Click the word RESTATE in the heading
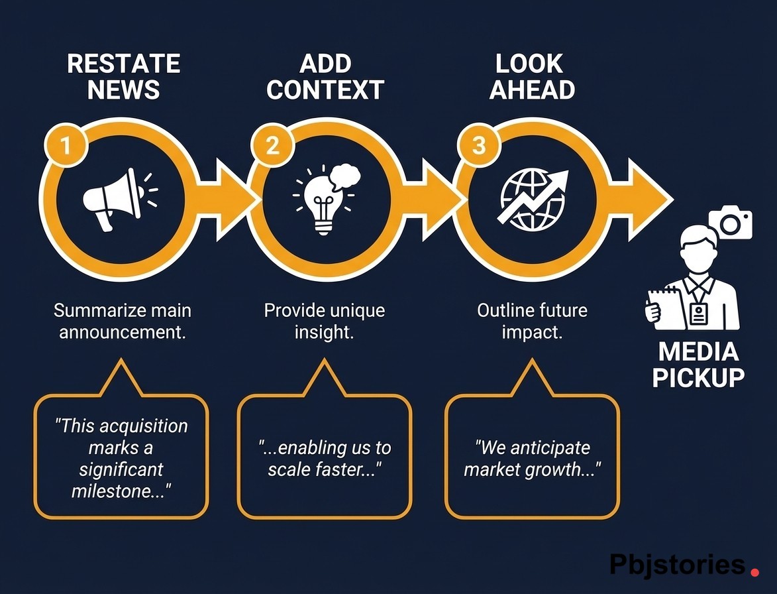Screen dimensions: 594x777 click(124, 64)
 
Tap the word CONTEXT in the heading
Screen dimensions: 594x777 click(325, 89)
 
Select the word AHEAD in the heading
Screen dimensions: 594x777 click(532, 89)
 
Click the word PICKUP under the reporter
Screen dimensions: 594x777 click(698, 377)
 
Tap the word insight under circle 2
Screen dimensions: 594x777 click(324, 331)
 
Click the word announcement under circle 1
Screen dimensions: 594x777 click(122, 331)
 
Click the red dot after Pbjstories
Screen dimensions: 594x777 click(754, 569)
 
